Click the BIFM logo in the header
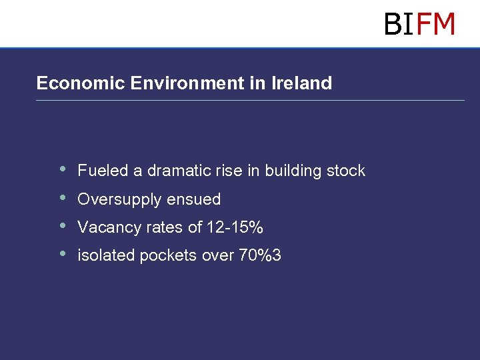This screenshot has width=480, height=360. point(419,24)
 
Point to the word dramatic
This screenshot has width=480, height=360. point(179,171)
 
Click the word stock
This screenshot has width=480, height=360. point(346,171)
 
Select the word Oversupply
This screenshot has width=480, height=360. point(120,199)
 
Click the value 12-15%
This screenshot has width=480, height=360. point(235,227)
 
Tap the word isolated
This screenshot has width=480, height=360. point(106,255)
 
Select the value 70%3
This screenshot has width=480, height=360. point(259,255)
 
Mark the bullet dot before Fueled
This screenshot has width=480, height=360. point(63,169)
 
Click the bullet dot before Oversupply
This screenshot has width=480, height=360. point(63,197)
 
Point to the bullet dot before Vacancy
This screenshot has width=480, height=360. point(63,225)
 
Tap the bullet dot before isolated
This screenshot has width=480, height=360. point(63,253)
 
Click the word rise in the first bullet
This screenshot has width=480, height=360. point(229,171)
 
